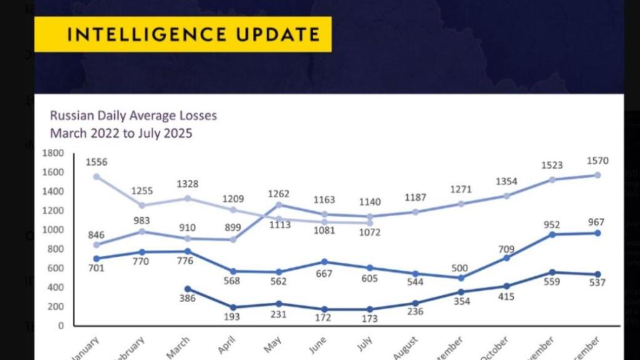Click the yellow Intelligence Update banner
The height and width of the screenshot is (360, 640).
coord(182,34)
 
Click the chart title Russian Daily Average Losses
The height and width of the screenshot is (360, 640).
coord(134,115)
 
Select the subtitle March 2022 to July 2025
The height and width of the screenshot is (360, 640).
coord(121,133)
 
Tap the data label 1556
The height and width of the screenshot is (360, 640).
coord(97,162)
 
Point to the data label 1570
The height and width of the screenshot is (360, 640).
coord(597,161)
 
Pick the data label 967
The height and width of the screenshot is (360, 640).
coord(596,222)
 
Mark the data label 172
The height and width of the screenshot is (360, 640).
coord(322,318)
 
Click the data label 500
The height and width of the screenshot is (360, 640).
coord(460,268)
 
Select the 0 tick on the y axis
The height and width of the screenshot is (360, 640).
coord(61,326)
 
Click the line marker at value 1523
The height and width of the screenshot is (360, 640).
coord(552,180)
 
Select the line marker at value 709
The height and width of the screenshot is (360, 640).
coord(506,257)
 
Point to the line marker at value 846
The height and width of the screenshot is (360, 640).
coord(97,244)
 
